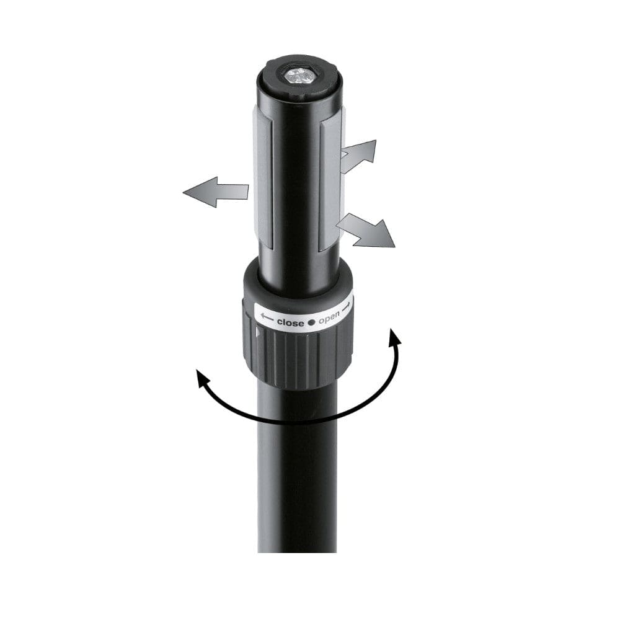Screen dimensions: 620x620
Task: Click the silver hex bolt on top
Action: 299,74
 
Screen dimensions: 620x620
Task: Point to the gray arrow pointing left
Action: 214,192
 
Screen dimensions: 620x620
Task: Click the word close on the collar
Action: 290,322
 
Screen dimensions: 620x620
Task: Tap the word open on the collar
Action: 329,319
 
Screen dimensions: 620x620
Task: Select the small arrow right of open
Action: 347,306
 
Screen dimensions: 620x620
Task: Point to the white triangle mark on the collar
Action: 259,334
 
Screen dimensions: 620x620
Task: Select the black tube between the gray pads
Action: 298,186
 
